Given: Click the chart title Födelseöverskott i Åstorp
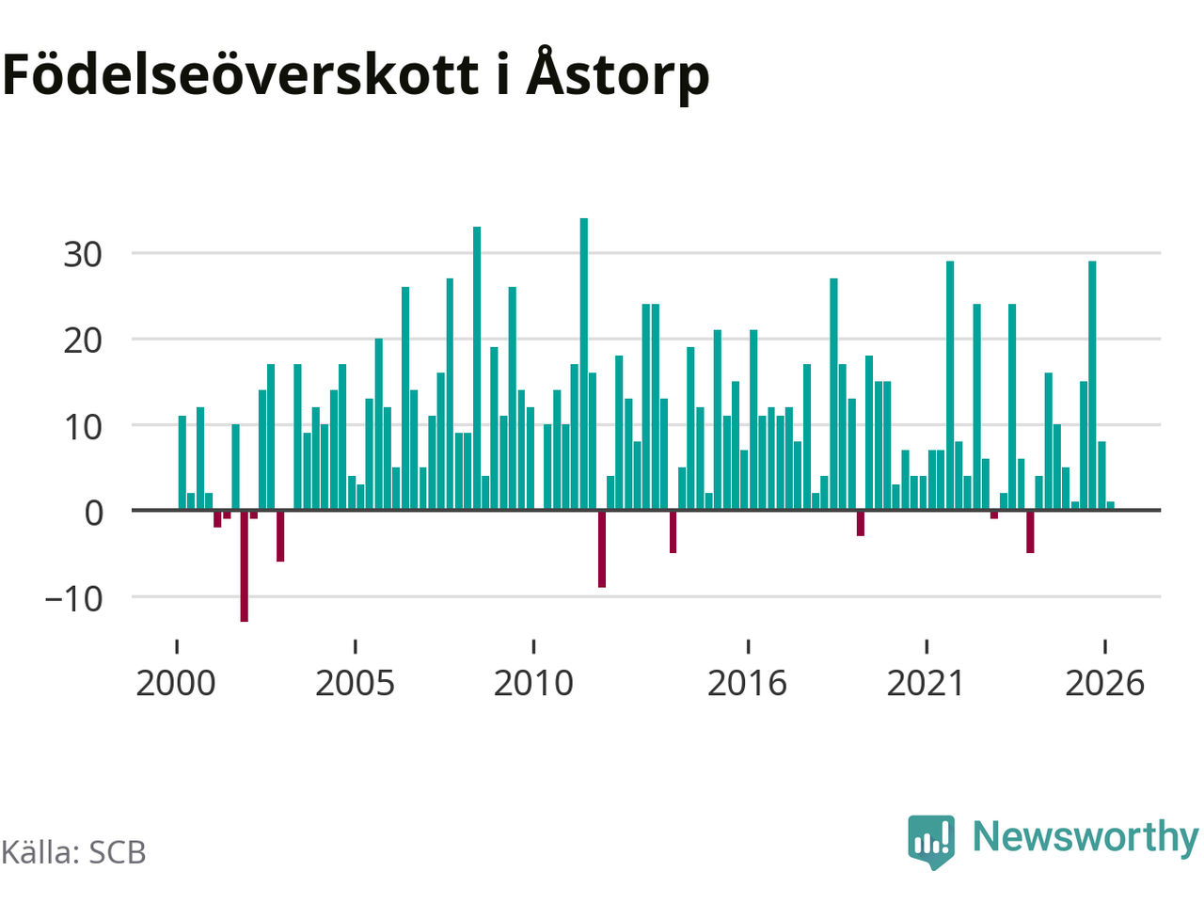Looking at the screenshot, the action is [x=356, y=74].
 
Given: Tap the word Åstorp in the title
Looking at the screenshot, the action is [x=618, y=74].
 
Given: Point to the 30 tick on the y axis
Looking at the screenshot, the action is [x=83, y=255].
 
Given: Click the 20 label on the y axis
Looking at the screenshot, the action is [x=83, y=341].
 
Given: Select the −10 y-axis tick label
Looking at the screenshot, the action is [x=73, y=599].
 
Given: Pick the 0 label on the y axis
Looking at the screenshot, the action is [x=94, y=514].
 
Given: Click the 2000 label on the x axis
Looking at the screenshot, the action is [x=176, y=683].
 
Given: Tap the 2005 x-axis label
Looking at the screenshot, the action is [x=355, y=683].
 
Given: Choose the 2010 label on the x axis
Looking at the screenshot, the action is [x=533, y=683].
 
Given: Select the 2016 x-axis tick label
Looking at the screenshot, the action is [x=747, y=683].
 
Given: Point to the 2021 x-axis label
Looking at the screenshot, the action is [x=926, y=683].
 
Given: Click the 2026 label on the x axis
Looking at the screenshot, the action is [x=1104, y=683].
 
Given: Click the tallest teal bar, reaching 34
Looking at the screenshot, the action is [x=583, y=364].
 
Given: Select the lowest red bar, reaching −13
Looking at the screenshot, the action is [x=244, y=566].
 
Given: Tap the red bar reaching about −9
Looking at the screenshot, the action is [x=602, y=548].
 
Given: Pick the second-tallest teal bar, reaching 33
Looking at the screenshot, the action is [x=477, y=369].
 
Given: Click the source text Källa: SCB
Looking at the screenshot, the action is [x=73, y=852].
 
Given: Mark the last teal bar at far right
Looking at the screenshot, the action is [x=1110, y=505].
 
